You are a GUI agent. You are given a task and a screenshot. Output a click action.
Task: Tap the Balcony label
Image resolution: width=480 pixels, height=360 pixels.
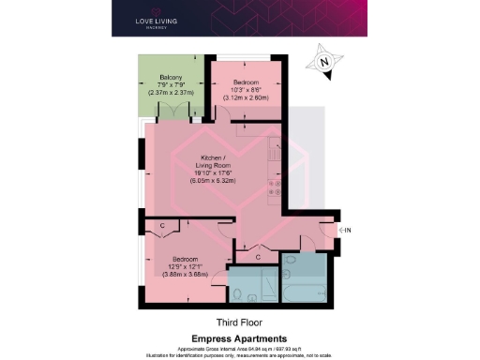[x=171, y=78]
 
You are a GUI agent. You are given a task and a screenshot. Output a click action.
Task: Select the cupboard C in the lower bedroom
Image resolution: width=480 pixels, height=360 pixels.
[x=162, y=226]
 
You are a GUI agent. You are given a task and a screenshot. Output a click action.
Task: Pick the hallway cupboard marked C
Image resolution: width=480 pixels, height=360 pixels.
[x=258, y=254]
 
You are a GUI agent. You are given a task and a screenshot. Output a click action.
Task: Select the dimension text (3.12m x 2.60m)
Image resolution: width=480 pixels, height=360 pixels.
[x=245, y=97]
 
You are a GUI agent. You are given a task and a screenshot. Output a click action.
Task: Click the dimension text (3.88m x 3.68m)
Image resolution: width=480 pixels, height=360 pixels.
[x=184, y=275]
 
